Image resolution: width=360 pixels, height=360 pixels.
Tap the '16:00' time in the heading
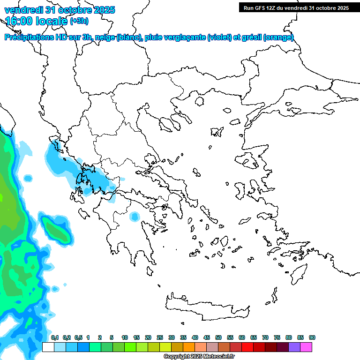click(17, 21)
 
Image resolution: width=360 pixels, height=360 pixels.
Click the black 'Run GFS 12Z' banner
click(295, 7)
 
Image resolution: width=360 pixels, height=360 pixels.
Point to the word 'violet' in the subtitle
click(221, 37)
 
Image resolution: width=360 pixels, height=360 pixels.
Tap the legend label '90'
click(312, 337)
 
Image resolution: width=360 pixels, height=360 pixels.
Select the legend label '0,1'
click(54, 337)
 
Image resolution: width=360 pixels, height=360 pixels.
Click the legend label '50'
click(218, 337)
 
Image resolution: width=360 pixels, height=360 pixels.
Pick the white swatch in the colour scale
click(48, 347)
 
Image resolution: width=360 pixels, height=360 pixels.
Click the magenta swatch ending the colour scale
click(306, 347)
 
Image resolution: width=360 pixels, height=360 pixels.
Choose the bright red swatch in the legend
click(247, 347)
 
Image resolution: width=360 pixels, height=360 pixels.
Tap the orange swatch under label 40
click(189, 347)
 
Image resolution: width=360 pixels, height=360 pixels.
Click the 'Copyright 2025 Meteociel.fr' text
click(199, 357)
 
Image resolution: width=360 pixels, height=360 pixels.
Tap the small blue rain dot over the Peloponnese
click(135, 217)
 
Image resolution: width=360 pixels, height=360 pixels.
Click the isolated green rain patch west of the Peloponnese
click(60, 231)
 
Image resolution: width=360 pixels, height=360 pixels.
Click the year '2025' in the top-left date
click(100, 10)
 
